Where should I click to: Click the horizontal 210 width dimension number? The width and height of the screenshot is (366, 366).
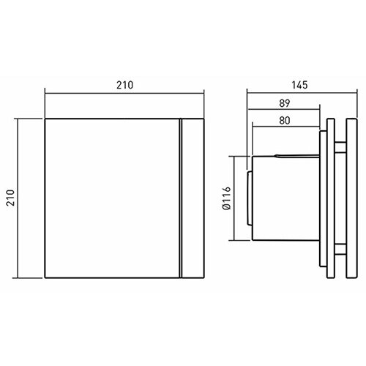(x=124, y=85)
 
